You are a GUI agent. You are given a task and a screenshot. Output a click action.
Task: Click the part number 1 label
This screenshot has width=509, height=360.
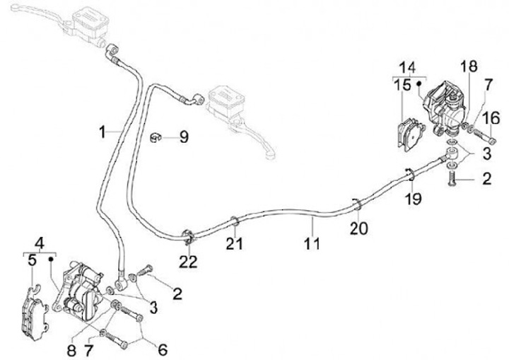point(103,132)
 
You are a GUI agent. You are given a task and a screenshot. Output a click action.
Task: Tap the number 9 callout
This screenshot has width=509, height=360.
point(183,137)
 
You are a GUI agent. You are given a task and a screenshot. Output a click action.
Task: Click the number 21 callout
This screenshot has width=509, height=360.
point(235,244)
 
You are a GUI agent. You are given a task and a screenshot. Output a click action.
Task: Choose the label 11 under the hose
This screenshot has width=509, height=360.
point(312,244)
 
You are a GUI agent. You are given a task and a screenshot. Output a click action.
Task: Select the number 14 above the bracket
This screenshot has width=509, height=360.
point(406,67)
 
